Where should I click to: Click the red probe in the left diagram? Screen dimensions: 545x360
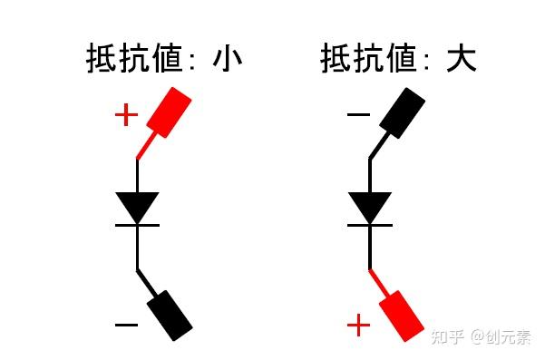pyautogui.click(x=171, y=112)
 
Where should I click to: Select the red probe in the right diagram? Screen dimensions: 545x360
pyautogui.click(x=402, y=315)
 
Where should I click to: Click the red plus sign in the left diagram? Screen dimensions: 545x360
pyautogui.click(x=126, y=115)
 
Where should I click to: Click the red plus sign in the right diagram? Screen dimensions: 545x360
pyautogui.click(x=359, y=325)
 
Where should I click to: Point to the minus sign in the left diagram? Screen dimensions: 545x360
pyautogui.click(x=126, y=324)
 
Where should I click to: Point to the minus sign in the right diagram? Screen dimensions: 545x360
pyautogui.click(x=359, y=115)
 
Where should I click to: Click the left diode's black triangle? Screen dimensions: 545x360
pyautogui.click(x=138, y=206)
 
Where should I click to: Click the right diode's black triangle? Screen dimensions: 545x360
pyautogui.click(x=370, y=206)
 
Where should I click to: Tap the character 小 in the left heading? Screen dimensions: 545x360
pyautogui.click(x=227, y=60)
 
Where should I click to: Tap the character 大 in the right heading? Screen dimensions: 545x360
pyautogui.click(x=462, y=60)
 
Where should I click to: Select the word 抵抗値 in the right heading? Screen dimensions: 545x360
pyautogui.click(x=368, y=60)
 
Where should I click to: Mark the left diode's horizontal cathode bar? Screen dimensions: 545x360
pyautogui.click(x=138, y=224)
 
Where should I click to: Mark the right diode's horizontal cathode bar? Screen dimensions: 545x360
pyautogui.click(x=370, y=224)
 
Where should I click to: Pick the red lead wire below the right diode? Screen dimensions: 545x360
pyautogui.click(x=379, y=282)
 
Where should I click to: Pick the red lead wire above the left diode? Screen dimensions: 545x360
pyautogui.click(x=146, y=145)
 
